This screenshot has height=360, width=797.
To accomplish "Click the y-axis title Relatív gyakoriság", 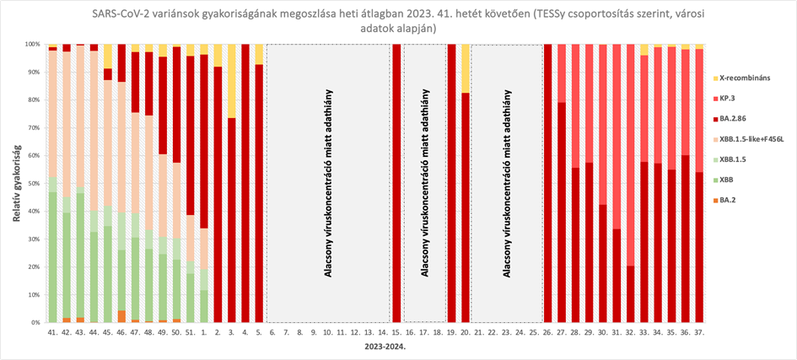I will pos(15,183).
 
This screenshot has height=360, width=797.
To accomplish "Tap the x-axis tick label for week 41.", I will pos(52,333).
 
